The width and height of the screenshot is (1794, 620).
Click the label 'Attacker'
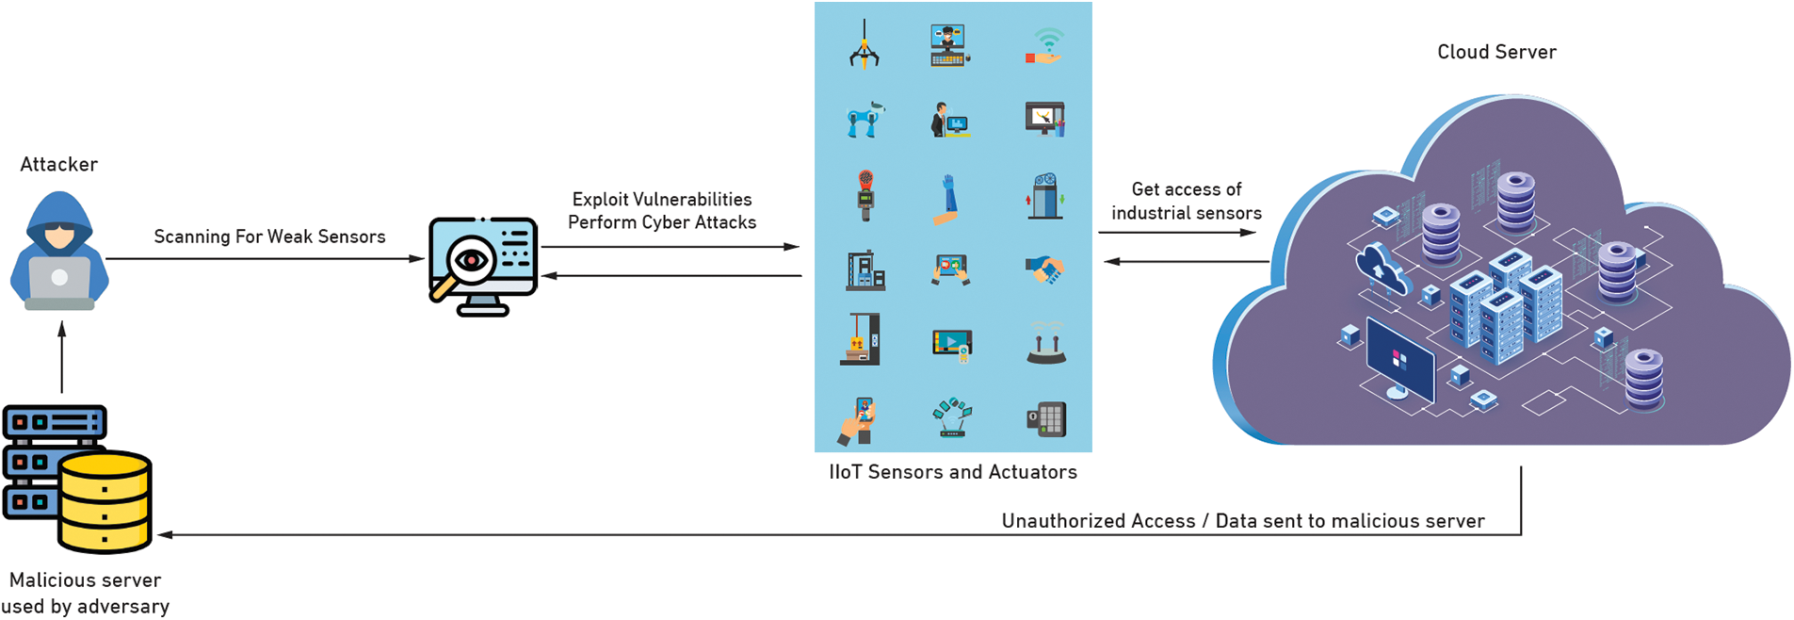59,164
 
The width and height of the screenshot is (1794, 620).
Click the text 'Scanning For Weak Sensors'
269,237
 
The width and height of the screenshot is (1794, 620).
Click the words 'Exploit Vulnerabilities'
662,200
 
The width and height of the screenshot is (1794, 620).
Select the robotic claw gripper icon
864,46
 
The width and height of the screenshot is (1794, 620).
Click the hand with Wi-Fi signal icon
1044,46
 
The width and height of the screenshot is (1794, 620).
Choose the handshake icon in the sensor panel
1044,269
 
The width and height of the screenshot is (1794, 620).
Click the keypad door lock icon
1045,418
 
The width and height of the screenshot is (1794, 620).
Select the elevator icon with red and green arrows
1045,196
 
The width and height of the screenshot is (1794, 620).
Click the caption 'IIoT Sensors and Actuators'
952,472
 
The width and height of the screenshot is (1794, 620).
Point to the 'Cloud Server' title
1495,53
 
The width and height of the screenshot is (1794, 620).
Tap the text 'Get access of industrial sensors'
1186,201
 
